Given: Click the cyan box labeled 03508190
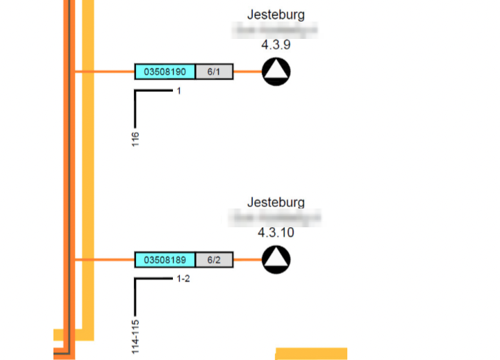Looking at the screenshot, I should pos(165,72).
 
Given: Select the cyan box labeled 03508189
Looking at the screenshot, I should pos(165,260).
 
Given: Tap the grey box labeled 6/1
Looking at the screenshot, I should pos(214,72).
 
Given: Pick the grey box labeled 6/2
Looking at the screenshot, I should pos(214,260).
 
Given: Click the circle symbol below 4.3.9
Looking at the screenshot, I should pos(276,72).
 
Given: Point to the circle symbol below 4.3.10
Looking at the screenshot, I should pos(276,260).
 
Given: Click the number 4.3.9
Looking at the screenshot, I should pos(276,45).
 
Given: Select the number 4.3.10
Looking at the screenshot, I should pos(276,233).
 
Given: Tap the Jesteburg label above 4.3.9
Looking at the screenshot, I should pos(276,15).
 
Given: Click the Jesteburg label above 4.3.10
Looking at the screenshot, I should pos(276,203).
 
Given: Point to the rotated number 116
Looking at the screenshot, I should pos(135,139).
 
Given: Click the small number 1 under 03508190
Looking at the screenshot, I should pos(178,91).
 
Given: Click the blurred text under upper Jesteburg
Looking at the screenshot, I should pos(276,30).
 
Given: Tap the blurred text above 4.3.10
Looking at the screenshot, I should pos(276,218).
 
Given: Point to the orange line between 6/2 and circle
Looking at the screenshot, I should pos(247,260).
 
